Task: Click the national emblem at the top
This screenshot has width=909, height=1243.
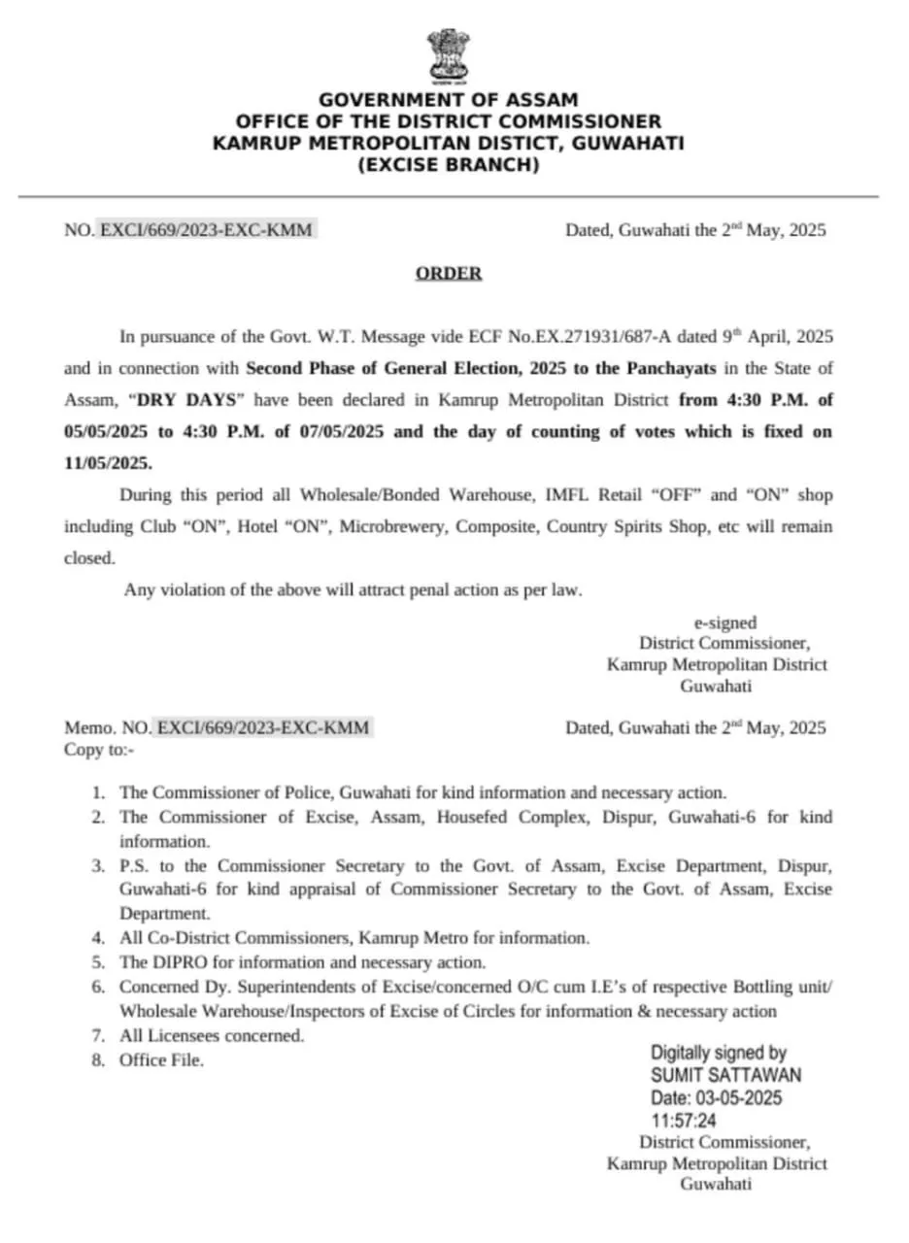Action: tap(448, 57)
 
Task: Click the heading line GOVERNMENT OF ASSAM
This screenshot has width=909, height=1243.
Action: tap(448, 100)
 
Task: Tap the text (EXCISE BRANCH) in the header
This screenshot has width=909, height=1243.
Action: tap(448, 165)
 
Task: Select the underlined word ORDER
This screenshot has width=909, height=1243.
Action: tap(449, 274)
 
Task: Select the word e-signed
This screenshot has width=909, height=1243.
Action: tap(724, 622)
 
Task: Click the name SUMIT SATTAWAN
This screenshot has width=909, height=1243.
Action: tap(726, 1075)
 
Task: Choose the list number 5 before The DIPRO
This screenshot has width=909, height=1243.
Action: tap(97, 962)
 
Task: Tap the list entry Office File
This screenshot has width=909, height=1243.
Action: tap(161, 1060)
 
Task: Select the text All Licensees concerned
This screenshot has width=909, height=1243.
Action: tap(212, 1035)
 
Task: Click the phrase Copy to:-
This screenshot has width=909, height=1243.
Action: tap(99, 749)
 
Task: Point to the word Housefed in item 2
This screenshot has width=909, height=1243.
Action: tap(475, 817)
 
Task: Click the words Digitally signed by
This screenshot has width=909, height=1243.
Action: tap(719, 1052)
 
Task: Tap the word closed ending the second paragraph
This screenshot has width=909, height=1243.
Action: tap(88, 558)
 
